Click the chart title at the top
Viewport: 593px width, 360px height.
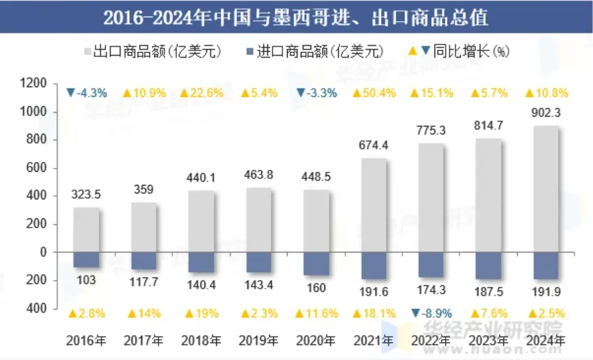pos(296,17)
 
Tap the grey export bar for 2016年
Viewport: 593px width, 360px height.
pos(86,230)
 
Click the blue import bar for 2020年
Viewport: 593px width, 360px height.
pos(316,263)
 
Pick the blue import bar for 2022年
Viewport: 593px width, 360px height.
pos(431,264)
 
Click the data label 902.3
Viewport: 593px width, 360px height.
pos(546,113)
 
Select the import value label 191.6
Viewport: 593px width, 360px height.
pos(374,290)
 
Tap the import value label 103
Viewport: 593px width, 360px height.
pos(86,280)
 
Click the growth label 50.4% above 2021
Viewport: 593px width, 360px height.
pos(374,93)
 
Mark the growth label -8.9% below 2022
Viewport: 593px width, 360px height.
pos(432,313)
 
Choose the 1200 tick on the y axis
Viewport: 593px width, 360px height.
pos(34,84)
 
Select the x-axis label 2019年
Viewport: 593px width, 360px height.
pos(259,340)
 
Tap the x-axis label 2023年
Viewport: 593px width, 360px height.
pos(489,340)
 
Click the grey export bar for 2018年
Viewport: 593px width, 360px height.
pos(202,221)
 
